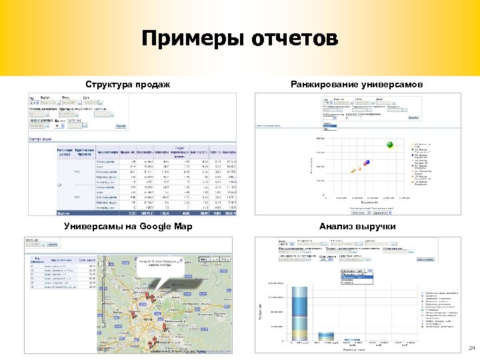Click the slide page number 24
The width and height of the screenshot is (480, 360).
pos(471,349)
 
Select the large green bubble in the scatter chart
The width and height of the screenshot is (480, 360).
pos(390,145)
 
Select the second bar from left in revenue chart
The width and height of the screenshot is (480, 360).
pos(329,340)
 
